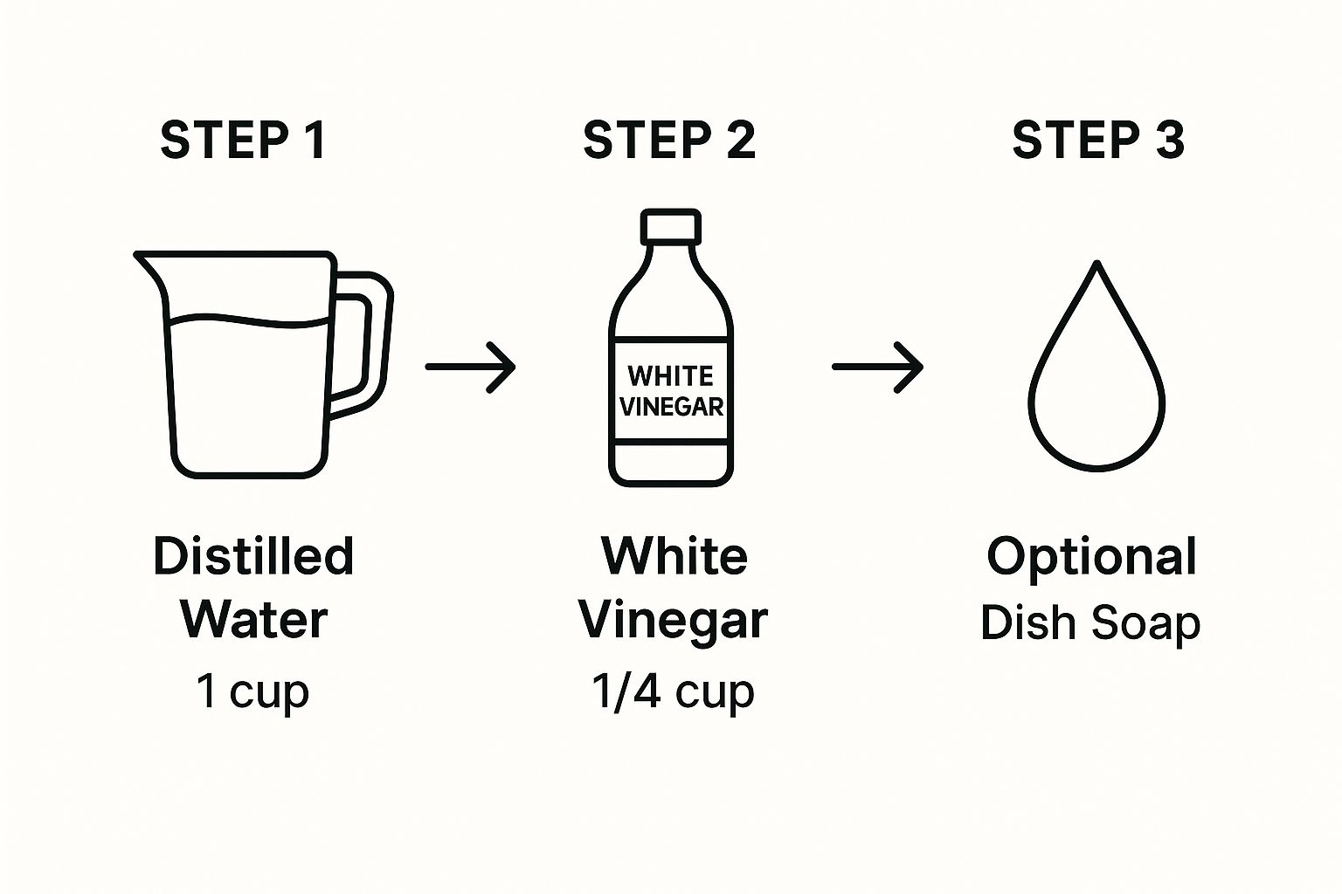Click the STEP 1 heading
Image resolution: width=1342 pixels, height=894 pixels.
coord(243,140)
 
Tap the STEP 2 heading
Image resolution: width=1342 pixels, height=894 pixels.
coord(669,140)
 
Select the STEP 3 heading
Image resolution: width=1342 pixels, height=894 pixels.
coord(1098,140)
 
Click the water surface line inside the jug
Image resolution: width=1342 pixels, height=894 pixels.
coord(249,321)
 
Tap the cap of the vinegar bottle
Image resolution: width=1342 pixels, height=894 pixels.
coord(670,227)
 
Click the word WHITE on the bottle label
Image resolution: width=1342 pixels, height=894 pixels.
coord(670,376)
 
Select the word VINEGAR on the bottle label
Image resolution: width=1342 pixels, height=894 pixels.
coord(671,407)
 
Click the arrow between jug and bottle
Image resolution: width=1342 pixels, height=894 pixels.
coord(470,367)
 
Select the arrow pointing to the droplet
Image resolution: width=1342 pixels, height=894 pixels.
coord(877,367)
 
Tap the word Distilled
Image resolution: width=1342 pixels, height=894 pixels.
coord(253,556)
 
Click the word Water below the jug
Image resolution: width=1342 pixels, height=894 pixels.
coord(253,620)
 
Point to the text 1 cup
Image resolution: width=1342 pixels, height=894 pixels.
coord(252,691)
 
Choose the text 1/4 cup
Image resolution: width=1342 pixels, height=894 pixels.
coord(672,691)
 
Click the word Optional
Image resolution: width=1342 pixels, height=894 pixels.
coord(1091,556)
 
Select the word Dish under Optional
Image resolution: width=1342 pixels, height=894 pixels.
coord(1027,622)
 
